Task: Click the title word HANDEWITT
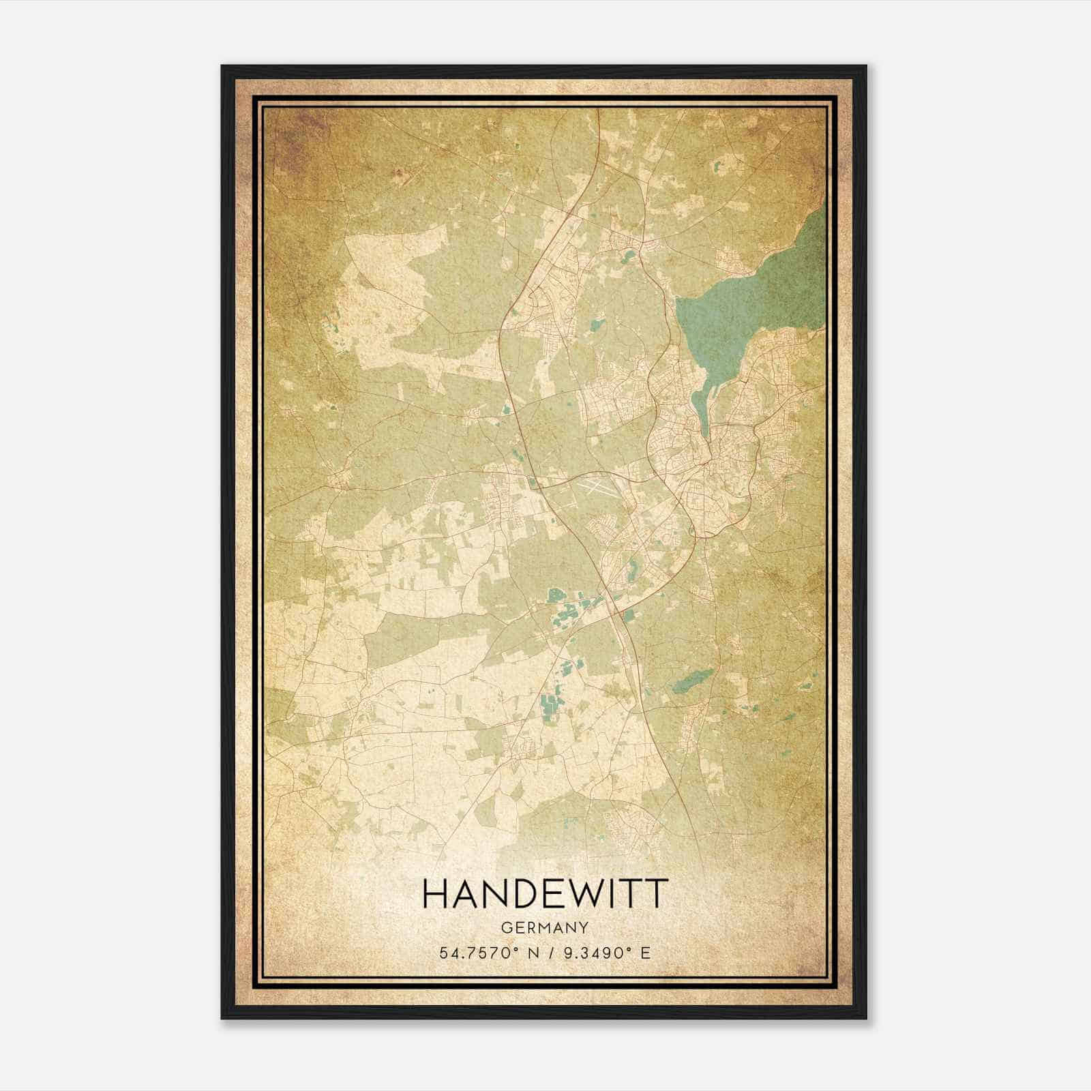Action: pos(543,894)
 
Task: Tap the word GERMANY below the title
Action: pos(543,928)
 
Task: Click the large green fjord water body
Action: pos(750,300)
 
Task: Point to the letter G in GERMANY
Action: pos(505,928)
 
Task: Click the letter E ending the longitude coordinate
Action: pos(645,952)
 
